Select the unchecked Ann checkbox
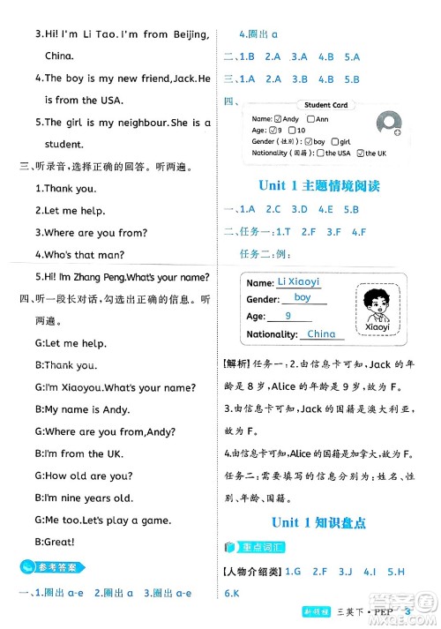point(310,118)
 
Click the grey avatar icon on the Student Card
point(388,124)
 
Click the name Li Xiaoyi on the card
point(297,281)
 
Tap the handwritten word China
point(323,334)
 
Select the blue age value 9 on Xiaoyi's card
point(288,317)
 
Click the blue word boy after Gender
point(303,298)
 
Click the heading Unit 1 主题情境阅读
point(319,185)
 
